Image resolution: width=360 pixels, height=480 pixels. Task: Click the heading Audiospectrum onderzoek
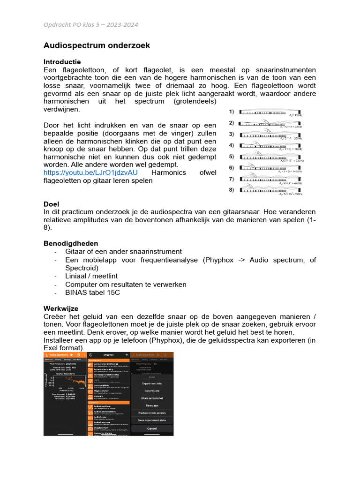(x=97, y=45)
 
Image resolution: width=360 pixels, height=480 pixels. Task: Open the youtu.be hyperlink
(x=90, y=172)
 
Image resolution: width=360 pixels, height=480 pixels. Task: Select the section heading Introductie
(x=62, y=62)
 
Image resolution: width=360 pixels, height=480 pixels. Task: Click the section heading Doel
(x=51, y=204)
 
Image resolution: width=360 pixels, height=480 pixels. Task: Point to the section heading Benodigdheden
(x=71, y=243)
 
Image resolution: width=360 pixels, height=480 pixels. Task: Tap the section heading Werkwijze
(x=61, y=308)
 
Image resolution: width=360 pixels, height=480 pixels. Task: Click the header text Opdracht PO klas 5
(x=90, y=25)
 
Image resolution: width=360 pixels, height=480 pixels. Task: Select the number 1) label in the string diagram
(x=231, y=112)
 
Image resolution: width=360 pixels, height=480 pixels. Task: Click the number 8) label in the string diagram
(x=231, y=190)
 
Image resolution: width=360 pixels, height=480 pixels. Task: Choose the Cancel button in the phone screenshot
(x=152, y=428)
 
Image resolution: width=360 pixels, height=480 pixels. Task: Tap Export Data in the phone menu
(x=152, y=390)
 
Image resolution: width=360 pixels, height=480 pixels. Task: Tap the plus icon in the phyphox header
(x=127, y=355)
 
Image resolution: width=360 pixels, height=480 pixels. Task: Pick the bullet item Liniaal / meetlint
(x=91, y=276)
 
